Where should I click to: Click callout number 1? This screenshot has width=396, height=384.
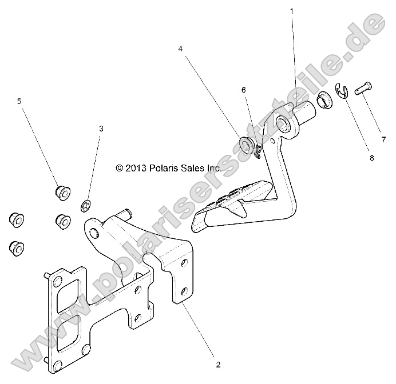(x=292, y=11)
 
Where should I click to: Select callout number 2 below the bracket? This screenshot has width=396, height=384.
(x=218, y=363)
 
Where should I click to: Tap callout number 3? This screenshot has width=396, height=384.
(x=101, y=129)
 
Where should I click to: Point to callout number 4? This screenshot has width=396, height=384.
(x=180, y=49)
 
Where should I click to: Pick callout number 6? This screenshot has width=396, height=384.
(x=243, y=90)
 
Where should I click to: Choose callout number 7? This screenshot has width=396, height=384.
(x=384, y=139)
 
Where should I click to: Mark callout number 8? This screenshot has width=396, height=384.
(x=371, y=158)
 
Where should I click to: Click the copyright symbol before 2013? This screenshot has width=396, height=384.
(x=119, y=168)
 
